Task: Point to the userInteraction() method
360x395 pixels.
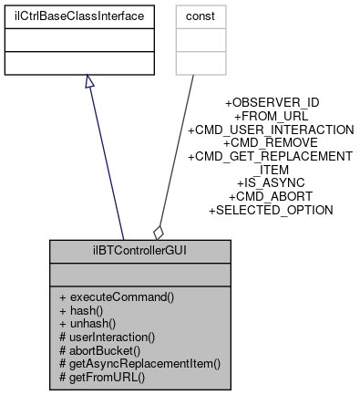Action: pyautogui.click(x=107, y=337)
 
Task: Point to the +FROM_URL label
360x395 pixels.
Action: pyautogui.click(x=271, y=116)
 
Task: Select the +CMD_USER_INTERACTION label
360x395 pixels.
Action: pyautogui.click(x=271, y=130)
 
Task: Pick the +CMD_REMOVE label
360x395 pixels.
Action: pyautogui.click(x=271, y=142)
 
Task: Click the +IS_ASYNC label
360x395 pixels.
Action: pyautogui.click(x=271, y=182)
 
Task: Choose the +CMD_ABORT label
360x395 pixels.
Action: pyautogui.click(x=271, y=196)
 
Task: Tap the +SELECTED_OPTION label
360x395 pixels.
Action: pyautogui.click(x=271, y=210)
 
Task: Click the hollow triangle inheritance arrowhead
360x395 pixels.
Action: pyautogui.click(x=88, y=82)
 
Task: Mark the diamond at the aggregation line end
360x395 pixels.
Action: pyautogui.click(x=158, y=232)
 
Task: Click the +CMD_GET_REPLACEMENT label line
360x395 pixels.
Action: pyautogui.click(x=271, y=156)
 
